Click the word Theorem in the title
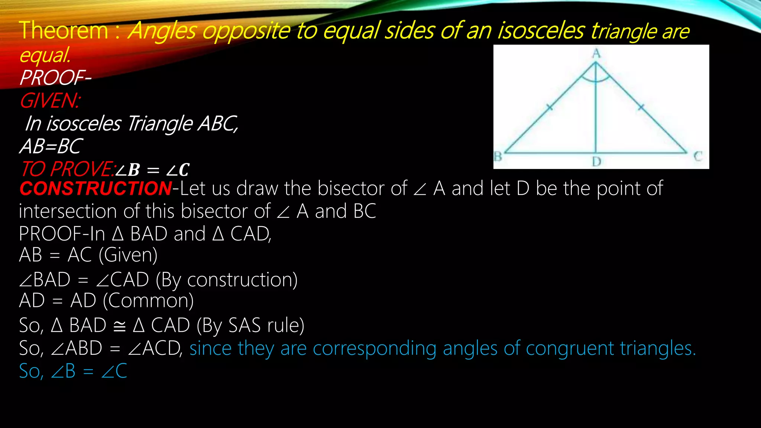click(63, 30)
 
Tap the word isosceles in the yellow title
click(541, 30)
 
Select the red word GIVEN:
click(49, 101)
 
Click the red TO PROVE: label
click(67, 169)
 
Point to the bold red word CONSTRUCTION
click(95, 188)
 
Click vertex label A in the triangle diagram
click(596, 54)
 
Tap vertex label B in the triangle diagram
click(498, 156)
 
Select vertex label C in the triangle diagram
click(697, 156)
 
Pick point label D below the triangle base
click(596, 162)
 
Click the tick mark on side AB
click(550, 108)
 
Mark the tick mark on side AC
click(641, 107)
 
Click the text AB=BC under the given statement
click(51, 146)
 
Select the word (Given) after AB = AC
click(128, 255)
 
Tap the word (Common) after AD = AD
click(148, 301)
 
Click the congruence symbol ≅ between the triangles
click(119, 326)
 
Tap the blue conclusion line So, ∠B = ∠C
click(73, 371)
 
